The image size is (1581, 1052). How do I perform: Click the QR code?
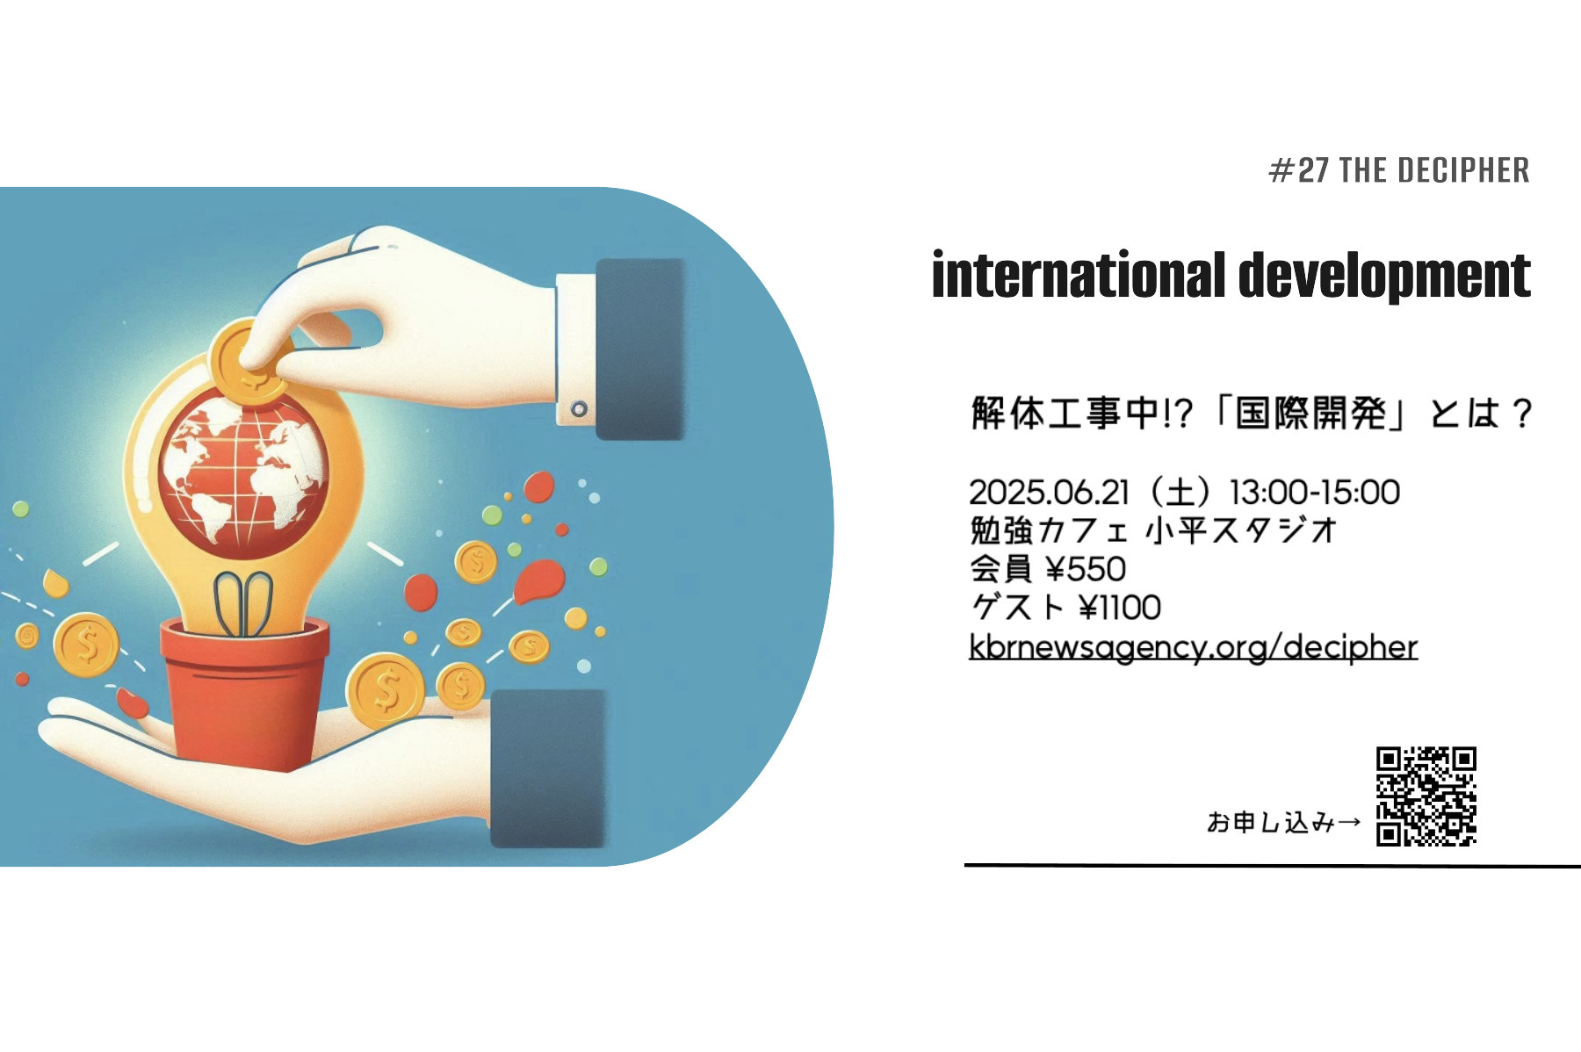click(1426, 796)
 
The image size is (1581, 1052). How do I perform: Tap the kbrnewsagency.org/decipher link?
click(1193, 647)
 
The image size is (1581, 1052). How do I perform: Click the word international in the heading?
click(1079, 275)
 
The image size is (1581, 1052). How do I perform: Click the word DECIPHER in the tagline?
click(1463, 170)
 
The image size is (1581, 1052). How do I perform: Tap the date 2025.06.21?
click(1049, 493)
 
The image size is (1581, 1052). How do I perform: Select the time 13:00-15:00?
click(1315, 493)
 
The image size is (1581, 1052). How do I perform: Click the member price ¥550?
click(1086, 570)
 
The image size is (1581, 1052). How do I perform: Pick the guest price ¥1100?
click(1120, 608)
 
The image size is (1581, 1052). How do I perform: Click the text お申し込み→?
click(1284, 823)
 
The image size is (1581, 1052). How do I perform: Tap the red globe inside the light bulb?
click(243, 474)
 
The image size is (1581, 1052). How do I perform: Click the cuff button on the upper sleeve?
click(579, 409)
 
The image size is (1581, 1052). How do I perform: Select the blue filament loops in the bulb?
click(243, 604)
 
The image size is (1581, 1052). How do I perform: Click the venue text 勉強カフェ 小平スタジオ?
click(1153, 531)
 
